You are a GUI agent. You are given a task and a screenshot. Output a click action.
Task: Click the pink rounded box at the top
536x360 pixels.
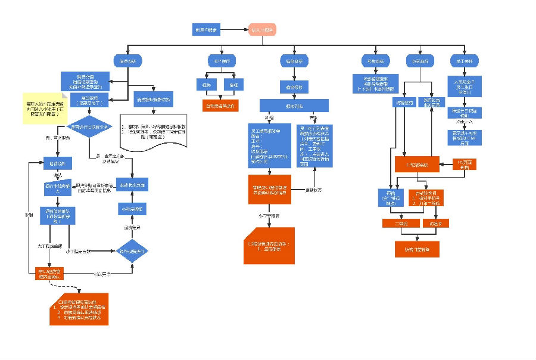[x=262, y=29]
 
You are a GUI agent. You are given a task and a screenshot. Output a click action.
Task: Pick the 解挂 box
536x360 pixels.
[x=230, y=85]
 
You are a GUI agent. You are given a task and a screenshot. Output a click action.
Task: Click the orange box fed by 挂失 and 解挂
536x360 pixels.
[x=220, y=105]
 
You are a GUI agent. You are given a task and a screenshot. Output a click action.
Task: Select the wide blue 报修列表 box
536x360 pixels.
[x=294, y=105]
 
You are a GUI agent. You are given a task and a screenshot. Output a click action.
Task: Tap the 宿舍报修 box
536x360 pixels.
[x=294, y=87]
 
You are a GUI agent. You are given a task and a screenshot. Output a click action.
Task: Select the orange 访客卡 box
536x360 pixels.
[x=435, y=223]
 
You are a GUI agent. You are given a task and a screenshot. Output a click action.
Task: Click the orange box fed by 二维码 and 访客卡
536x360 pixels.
[x=416, y=249]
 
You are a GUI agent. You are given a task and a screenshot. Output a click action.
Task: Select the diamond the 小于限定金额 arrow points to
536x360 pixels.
[x=132, y=251]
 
